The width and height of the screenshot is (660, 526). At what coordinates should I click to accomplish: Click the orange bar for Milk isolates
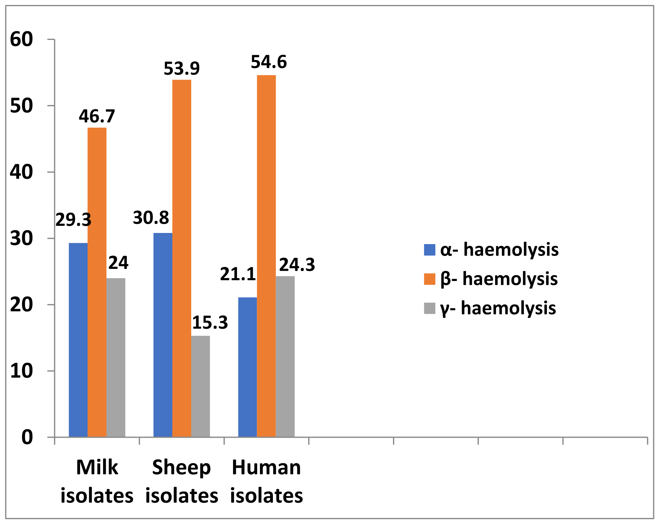click(x=97, y=282)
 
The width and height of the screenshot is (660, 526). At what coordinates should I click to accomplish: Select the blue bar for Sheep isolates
click(x=163, y=335)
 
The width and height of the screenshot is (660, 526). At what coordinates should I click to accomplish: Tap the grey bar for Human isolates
click(x=285, y=356)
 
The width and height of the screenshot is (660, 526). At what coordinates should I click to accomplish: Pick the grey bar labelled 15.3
click(x=200, y=386)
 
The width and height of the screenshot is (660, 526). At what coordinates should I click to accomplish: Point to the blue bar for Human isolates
click(x=248, y=367)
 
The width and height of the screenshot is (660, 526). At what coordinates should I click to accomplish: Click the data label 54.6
click(x=269, y=62)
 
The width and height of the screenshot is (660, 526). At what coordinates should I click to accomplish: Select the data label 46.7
click(x=97, y=116)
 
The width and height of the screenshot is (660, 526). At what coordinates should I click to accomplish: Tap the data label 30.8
click(x=151, y=218)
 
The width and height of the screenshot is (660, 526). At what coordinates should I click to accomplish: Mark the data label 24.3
click(x=297, y=265)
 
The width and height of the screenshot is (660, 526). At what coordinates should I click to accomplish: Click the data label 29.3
click(x=73, y=220)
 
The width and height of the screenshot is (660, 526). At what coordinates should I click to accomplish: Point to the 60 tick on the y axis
click(x=21, y=39)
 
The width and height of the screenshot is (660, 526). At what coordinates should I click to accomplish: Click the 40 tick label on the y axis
click(x=21, y=172)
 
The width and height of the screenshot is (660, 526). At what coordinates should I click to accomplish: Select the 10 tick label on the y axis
click(x=21, y=371)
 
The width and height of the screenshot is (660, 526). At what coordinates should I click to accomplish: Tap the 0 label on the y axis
click(x=27, y=437)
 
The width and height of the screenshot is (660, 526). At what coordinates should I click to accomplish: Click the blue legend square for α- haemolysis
click(x=429, y=250)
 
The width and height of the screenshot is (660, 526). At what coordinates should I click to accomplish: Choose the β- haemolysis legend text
click(x=499, y=279)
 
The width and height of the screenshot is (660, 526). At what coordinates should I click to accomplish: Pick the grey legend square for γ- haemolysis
click(x=429, y=308)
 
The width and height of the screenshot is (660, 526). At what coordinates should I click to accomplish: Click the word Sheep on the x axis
click(x=181, y=467)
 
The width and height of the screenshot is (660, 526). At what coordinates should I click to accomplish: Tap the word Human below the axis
click(x=266, y=467)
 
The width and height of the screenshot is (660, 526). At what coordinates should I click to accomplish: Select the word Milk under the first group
click(x=97, y=467)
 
